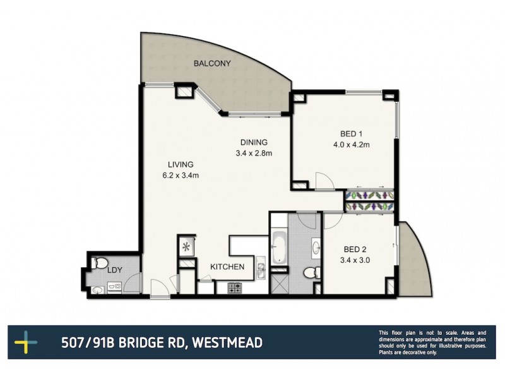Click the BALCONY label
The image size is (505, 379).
click(x=212, y=63)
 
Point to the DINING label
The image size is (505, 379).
click(x=254, y=141)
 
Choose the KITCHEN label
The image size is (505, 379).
click(x=227, y=267)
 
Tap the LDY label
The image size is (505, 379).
click(x=114, y=270)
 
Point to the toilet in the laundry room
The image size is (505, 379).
click(x=97, y=263)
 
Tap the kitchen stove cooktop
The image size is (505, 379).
click(x=235, y=288)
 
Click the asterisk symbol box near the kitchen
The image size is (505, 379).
click(x=186, y=246)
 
